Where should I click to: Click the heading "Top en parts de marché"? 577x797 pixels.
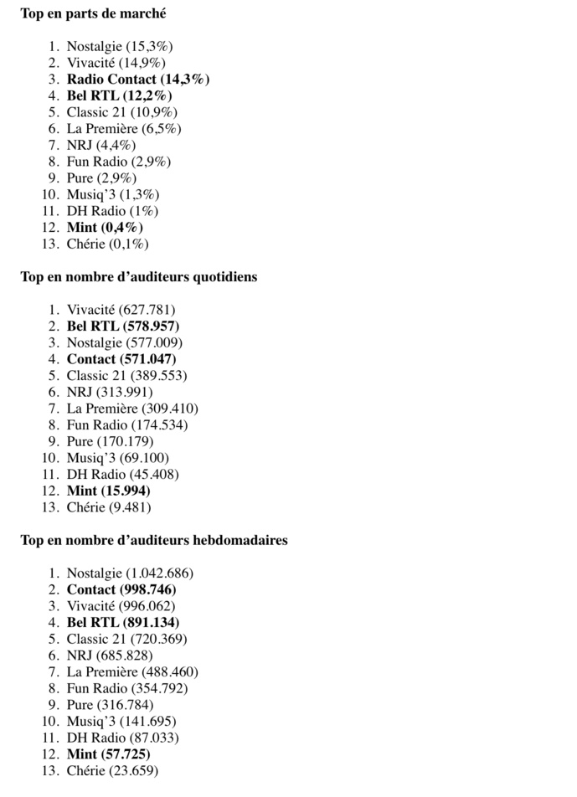[93, 13]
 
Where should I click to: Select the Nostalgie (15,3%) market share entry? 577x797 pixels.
[120, 46]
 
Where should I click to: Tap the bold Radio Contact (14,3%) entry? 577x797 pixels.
[138, 79]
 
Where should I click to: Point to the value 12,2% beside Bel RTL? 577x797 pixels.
[153, 95]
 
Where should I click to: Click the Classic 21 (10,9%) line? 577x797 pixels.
[121, 112]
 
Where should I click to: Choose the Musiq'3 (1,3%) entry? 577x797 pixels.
[113, 194]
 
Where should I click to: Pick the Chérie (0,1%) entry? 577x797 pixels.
[107, 244]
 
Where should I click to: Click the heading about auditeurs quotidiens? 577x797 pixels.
[139, 276]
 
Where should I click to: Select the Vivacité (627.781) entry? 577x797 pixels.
[121, 310]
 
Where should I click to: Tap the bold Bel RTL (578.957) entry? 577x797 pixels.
[123, 326]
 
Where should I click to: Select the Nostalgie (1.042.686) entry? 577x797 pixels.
[130, 573]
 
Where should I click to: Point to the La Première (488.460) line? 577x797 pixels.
[132, 671]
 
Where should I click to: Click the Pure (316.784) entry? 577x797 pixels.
[110, 705]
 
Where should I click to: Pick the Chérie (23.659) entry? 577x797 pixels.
[112, 770]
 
